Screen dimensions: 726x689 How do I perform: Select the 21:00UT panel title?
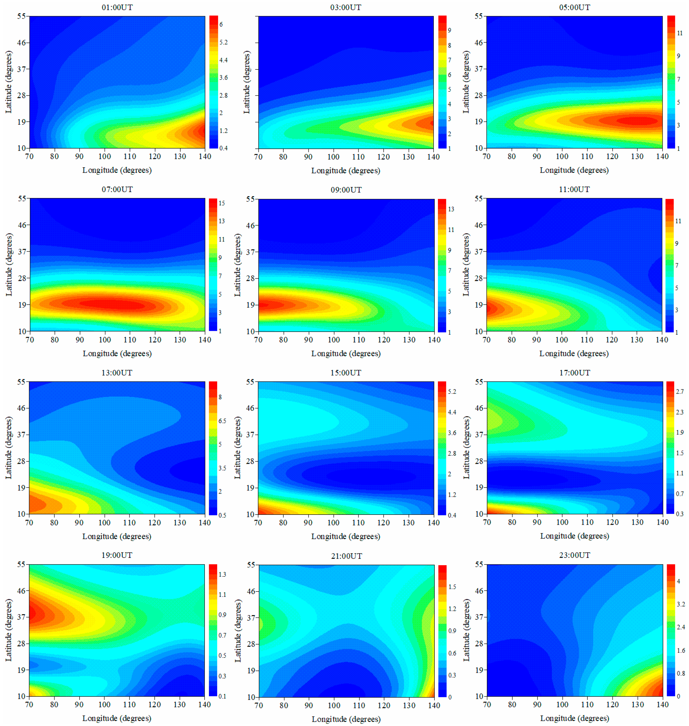point(346,556)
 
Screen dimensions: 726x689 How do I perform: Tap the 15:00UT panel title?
point(346,373)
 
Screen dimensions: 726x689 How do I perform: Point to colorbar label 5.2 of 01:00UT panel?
point(223,42)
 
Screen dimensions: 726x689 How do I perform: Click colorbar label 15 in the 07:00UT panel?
point(222,203)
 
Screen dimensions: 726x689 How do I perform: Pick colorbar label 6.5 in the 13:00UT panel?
point(222,421)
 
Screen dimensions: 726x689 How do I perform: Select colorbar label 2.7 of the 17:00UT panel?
point(679,392)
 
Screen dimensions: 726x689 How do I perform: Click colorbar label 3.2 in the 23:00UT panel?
point(681,604)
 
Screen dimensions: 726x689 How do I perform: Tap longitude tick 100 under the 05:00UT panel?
point(562,157)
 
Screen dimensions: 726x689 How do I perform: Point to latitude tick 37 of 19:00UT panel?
point(21,617)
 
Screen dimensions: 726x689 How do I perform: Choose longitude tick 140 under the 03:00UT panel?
point(433,157)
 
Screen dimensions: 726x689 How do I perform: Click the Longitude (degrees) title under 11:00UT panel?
point(574,353)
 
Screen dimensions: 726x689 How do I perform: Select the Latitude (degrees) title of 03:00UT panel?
point(247,82)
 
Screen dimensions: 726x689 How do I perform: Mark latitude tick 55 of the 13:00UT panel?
point(21,382)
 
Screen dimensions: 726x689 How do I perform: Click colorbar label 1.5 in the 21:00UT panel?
point(452,587)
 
